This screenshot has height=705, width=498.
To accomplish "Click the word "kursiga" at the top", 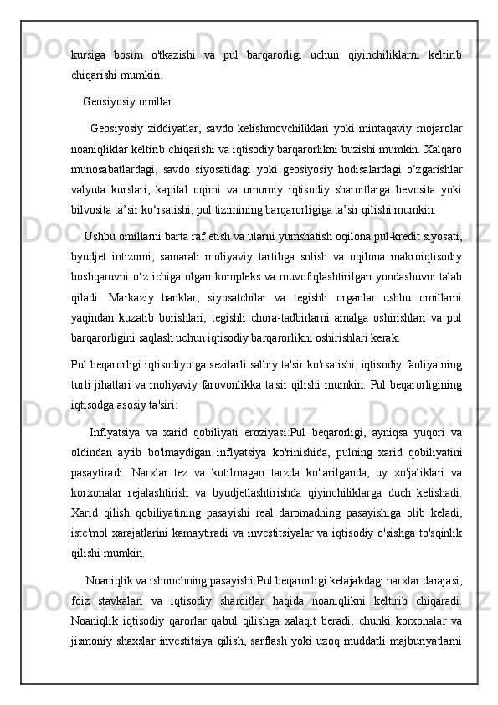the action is coord(90,54).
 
